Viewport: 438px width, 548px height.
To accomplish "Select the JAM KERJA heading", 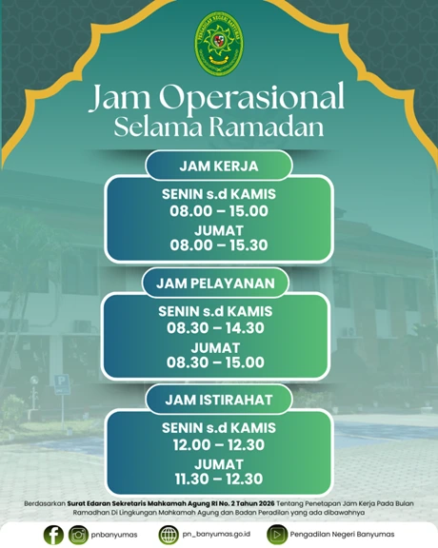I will (218, 166).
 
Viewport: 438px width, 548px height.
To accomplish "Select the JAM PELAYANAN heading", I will (218, 283).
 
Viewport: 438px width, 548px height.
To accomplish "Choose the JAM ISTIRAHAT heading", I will (218, 399).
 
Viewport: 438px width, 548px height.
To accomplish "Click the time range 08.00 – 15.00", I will (218, 212).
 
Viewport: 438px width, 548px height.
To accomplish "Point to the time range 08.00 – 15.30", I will (218, 245).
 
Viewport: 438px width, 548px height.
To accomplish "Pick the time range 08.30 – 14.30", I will (218, 328).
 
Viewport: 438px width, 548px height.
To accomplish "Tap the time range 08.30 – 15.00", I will (218, 362).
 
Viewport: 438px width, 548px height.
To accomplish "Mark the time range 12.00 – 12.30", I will (218, 444).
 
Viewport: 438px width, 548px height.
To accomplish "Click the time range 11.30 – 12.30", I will (218, 479).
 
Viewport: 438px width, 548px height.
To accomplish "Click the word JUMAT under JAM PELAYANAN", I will (218, 346).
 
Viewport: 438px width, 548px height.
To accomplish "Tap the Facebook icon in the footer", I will (53, 534).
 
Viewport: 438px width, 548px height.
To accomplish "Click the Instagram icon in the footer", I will (78, 534).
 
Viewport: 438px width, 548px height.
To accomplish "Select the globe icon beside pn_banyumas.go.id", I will (169, 534).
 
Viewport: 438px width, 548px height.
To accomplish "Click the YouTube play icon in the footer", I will (276, 534).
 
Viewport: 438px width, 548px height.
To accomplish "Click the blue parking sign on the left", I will (61, 383).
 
